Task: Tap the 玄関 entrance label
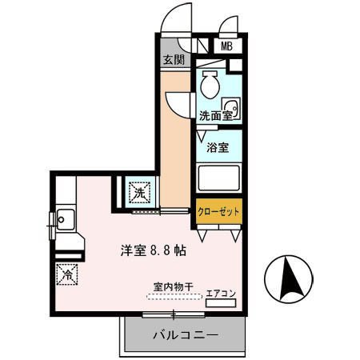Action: click(174, 59)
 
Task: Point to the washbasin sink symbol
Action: click(231, 109)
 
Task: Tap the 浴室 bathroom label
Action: click(218, 147)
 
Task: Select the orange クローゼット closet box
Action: click(218, 212)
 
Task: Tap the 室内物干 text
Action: click(169, 286)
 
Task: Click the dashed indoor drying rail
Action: click(169, 295)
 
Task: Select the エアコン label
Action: click(220, 294)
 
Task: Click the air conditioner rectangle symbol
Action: click(221, 303)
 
